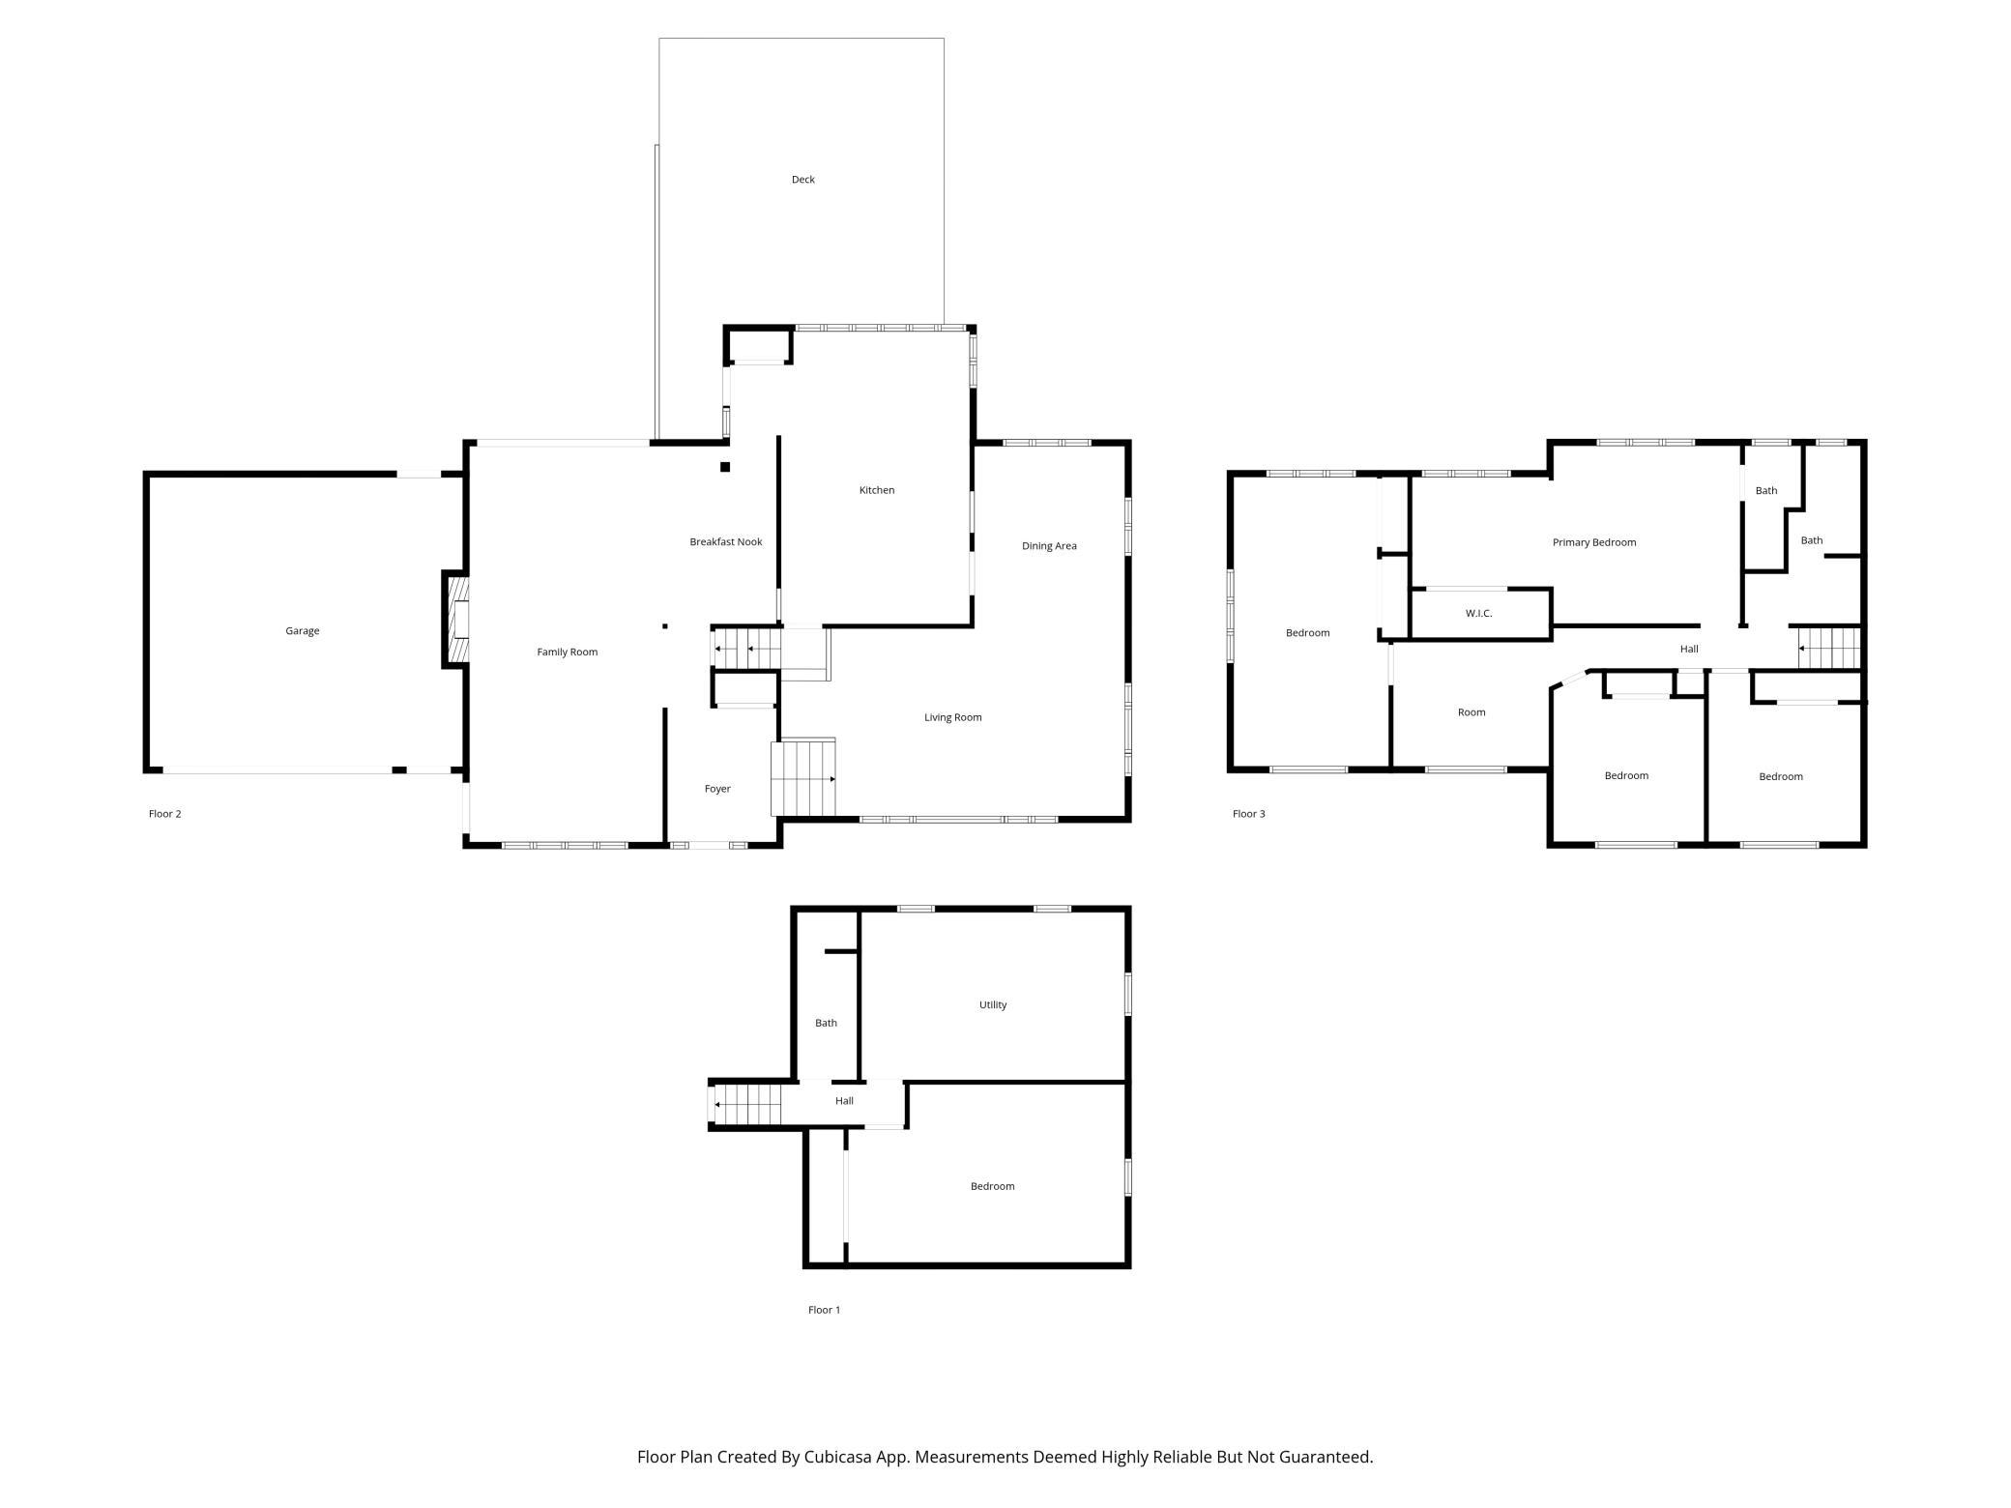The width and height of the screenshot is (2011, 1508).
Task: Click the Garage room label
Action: coord(302,631)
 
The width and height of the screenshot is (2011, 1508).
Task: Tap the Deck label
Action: coord(803,180)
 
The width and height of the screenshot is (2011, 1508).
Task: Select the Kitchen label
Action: coord(877,490)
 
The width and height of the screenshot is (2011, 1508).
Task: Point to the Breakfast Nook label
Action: coord(726,542)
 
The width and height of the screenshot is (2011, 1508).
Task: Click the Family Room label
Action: coord(568,652)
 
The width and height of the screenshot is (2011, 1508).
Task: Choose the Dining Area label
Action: coord(1049,546)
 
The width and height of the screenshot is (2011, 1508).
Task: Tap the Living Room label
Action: coord(953,717)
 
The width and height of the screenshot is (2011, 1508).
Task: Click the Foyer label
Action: coord(717,789)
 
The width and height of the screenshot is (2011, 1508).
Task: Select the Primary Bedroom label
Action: coord(1594,542)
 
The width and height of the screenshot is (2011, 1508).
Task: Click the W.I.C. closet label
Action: coord(1479,614)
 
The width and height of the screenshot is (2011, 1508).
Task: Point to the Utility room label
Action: coord(993,1005)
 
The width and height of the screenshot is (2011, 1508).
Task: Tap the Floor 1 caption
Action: coord(825,1310)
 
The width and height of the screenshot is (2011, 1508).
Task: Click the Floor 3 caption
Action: coord(1249,814)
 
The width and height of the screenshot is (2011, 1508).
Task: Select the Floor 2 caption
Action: coord(165,814)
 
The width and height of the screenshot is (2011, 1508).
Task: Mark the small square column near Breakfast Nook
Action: coord(725,468)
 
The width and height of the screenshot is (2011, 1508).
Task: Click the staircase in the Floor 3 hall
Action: coord(1828,648)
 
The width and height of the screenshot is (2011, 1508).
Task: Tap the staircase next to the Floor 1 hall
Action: coord(746,1104)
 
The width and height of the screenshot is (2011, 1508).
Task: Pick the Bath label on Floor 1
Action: coord(826,1023)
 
